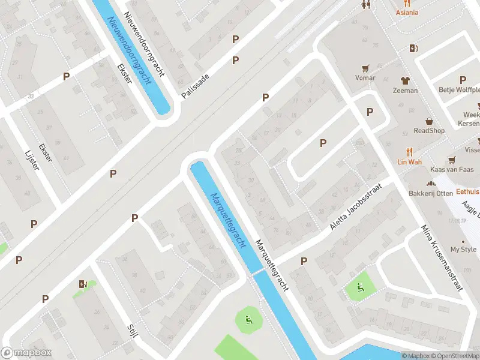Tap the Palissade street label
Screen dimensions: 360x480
[196, 86]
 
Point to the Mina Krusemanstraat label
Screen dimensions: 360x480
[443, 258]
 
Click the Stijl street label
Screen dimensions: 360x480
[132, 331]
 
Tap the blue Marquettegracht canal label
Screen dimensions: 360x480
[228, 220]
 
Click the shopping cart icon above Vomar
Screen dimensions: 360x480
[365, 68]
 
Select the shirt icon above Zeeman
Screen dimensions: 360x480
[405, 80]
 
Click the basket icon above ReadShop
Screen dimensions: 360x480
[429, 121]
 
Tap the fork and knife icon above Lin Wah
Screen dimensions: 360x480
[410, 152]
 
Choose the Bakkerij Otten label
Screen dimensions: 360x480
[430, 193]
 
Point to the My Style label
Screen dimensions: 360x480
[463, 249]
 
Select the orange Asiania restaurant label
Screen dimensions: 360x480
[407, 13]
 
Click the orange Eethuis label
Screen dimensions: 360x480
[468, 191]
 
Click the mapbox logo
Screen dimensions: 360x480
[27, 353]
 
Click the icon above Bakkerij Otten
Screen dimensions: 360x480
[430, 184]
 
